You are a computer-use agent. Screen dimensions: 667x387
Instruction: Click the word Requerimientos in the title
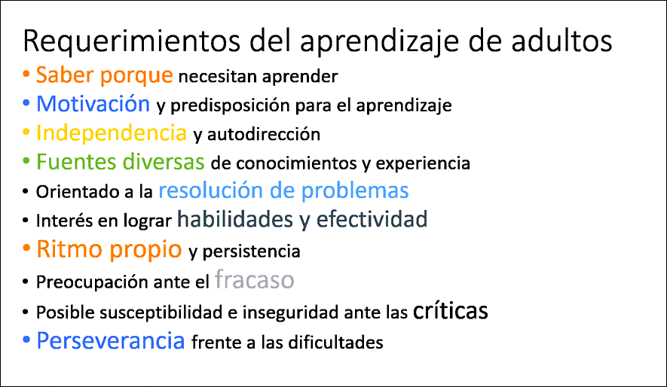pos(132,41)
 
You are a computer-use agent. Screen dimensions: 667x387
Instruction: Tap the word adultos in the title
pos(561,41)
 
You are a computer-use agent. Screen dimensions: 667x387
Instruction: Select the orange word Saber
pos(65,75)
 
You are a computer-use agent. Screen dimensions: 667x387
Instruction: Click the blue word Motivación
pos(93,103)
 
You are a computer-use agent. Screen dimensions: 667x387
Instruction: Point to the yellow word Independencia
pos(112,133)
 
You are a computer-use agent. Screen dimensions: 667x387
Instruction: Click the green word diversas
pos(164,161)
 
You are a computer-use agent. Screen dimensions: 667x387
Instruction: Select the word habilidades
pos(235,219)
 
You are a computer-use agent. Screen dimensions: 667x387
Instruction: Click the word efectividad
pos(372,219)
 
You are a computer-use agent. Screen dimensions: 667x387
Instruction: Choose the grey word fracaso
pos(255,279)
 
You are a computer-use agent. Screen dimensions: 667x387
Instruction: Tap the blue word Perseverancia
pos(111,340)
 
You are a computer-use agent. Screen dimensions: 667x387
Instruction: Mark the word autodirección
pos(264,134)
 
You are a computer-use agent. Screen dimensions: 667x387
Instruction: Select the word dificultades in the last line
pos(335,342)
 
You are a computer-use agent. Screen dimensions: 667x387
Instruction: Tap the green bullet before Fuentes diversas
pos(26,161)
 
